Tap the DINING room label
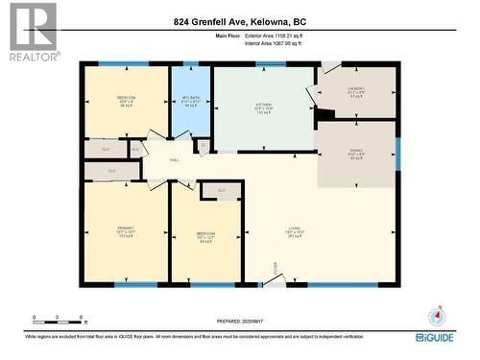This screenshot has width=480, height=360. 355,155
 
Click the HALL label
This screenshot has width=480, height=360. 174,160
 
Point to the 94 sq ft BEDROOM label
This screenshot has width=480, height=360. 127,102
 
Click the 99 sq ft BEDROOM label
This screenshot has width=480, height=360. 205,237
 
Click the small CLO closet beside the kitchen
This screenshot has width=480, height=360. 203,146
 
